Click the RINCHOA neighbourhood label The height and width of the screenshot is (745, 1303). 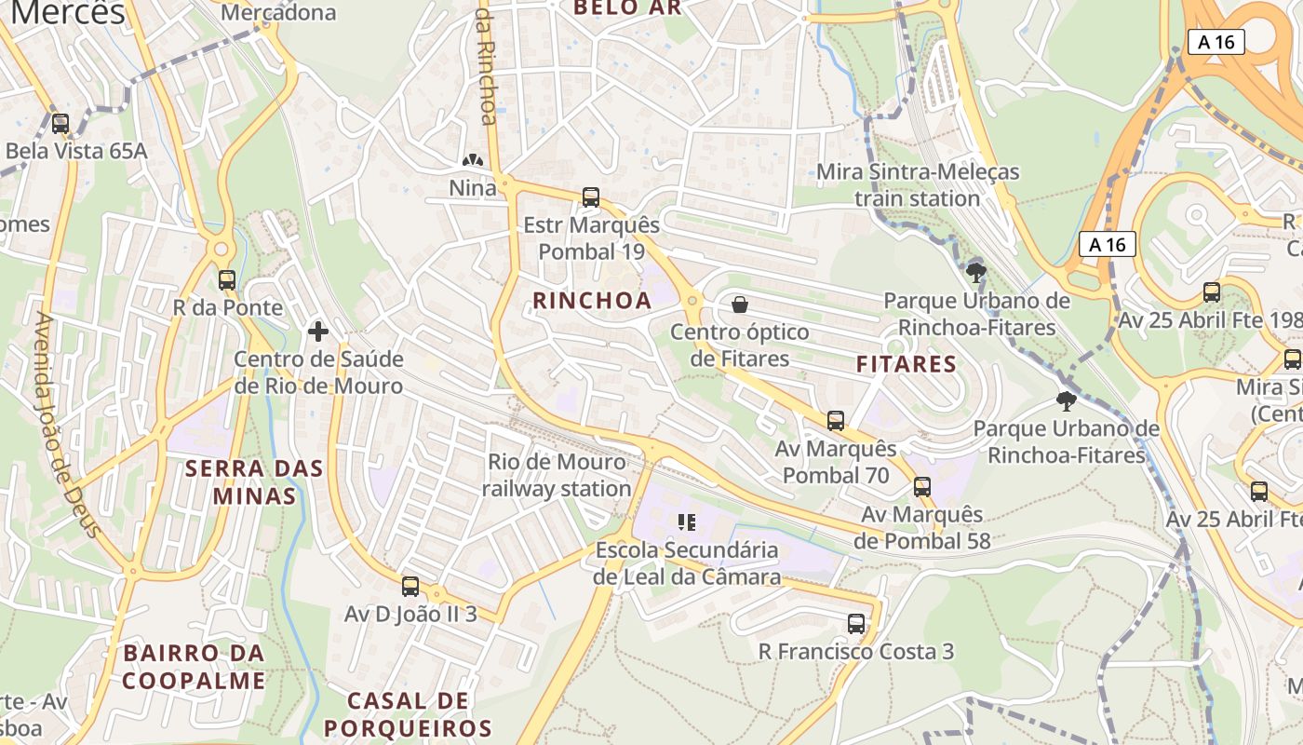pos(592,301)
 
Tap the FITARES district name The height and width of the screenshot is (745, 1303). pos(907,364)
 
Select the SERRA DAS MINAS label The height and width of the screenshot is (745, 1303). pos(254,481)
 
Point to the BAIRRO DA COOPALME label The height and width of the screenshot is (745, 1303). pos(194,667)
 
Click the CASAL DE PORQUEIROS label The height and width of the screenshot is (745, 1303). pos(407,714)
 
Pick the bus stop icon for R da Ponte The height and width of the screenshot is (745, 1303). pos(227,280)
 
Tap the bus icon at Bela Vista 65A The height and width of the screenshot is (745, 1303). pos(60,124)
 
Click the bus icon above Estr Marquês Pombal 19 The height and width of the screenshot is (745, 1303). pos(591,197)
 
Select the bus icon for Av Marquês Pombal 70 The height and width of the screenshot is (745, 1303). pos(836,421)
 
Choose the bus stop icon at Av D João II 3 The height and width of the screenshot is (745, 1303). pos(410,587)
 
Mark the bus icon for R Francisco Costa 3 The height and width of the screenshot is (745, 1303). pos(856,624)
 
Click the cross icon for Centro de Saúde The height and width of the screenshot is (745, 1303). pos(318,332)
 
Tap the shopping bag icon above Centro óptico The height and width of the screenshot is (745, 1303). pos(740,305)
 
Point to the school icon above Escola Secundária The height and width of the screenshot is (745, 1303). pos(687,522)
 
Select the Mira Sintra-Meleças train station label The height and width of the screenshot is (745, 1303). pos(918,185)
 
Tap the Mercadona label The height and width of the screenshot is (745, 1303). pos(278,13)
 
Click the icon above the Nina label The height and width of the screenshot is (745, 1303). pos(473,161)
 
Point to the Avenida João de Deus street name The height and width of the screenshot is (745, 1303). pos(67,424)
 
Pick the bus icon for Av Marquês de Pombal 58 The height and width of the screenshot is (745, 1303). pos(922,487)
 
